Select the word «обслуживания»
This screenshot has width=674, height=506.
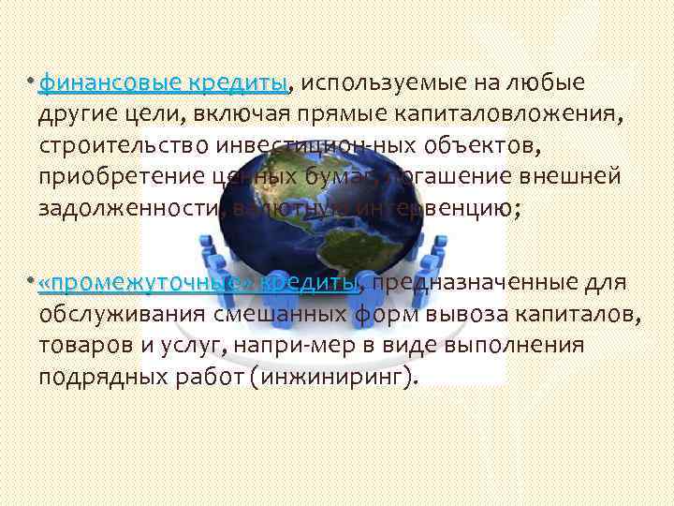[x=121, y=314]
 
